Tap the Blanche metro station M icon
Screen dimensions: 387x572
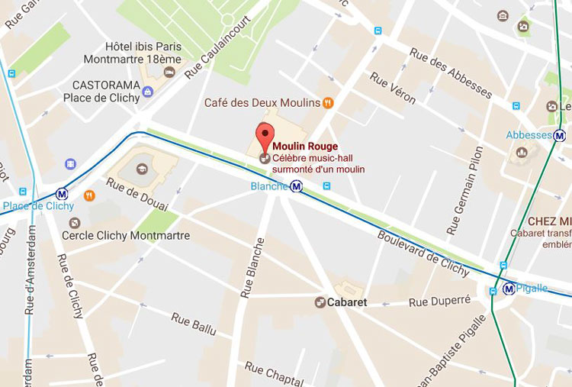296,185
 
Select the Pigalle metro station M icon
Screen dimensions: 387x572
508,289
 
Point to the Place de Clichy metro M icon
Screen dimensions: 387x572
62,194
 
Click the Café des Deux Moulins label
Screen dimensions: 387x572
261,102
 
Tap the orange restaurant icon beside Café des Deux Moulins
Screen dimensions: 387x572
328,102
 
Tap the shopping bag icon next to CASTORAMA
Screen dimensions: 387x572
148,92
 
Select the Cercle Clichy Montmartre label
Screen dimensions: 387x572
125,236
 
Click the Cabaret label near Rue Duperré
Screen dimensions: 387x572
348,302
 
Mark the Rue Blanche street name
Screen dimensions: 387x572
252,267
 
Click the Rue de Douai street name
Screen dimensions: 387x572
138,194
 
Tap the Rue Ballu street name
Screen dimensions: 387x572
194,324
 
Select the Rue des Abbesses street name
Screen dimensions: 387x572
450,73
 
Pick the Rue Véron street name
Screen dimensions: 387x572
392,91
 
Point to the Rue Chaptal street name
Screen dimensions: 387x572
274,372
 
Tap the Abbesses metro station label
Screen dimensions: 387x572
529,135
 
